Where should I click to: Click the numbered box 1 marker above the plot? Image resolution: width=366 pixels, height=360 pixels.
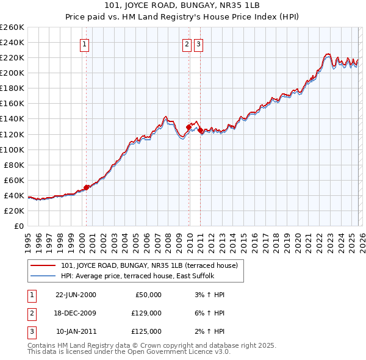click(x=84, y=43)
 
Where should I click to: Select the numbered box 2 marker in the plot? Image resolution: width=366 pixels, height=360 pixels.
click(x=186, y=43)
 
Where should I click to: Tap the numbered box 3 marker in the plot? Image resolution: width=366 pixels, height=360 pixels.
click(x=199, y=43)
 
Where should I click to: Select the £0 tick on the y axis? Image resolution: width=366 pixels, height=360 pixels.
click(x=19, y=226)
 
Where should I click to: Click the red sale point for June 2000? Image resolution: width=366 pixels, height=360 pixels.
click(x=87, y=187)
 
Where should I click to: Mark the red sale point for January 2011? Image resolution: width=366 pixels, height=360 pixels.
click(x=201, y=130)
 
